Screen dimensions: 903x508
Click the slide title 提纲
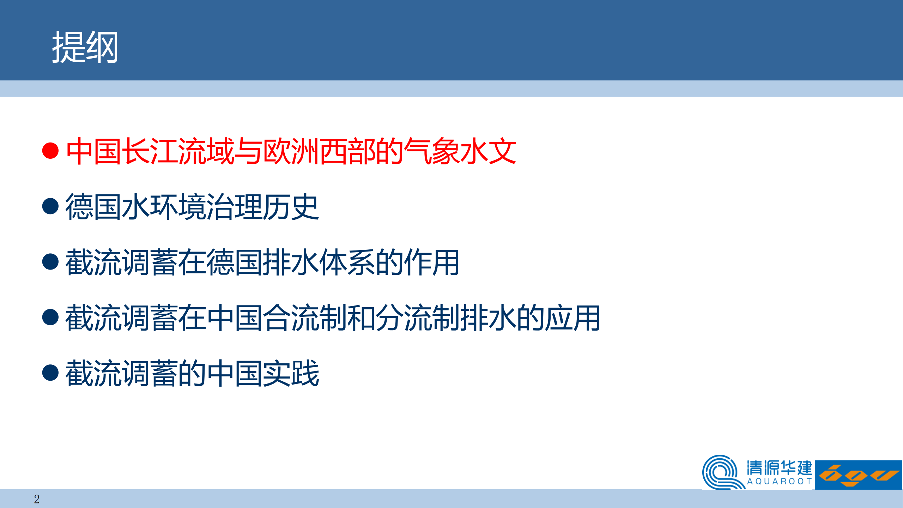pyautogui.click(x=85, y=47)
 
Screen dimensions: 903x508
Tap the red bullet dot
pyautogui.click(x=50, y=151)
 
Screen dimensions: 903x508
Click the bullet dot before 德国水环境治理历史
pyautogui.click(x=50, y=206)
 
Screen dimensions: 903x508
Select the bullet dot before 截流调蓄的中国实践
pyautogui.click(x=50, y=373)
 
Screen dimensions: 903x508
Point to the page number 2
pyautogui.click(x=37, y=499)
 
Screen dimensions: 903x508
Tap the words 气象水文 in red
pyautogui.click(x=460, y=151)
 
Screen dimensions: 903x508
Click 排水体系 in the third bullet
pyautogui.click(x=319, y=262)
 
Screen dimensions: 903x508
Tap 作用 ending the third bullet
pyautogui.click(x=432, y=262)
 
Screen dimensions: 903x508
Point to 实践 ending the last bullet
pyautogui.click(x=291, y=373)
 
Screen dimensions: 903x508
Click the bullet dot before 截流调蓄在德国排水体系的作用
pyautogui.click(x=50, y=262)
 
